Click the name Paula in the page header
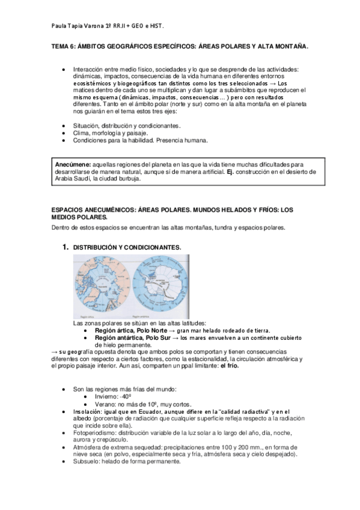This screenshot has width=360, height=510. tap(61, 25)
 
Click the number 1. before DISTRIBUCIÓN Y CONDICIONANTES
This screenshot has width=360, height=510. tap(66, 247)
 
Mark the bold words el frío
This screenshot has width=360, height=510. tap(230, 366)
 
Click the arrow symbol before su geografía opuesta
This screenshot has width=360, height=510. tap(54, 351)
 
